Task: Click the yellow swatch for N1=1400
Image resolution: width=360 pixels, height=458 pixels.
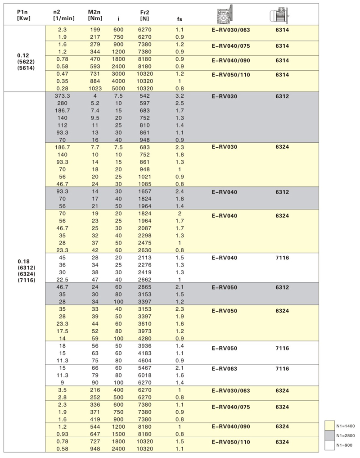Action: click(x=330, y=425)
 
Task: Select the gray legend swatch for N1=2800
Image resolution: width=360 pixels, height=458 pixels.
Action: click(x=330, y=435)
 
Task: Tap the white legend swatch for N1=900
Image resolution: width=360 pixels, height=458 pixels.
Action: click(x=330, y=445)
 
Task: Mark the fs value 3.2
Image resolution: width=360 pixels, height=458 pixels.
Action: click(x=180, y=96)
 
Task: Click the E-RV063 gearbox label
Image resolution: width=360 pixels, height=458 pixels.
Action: click(x=224, y=368)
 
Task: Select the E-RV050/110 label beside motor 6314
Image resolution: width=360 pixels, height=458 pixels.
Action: click(x=230, y=75)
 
